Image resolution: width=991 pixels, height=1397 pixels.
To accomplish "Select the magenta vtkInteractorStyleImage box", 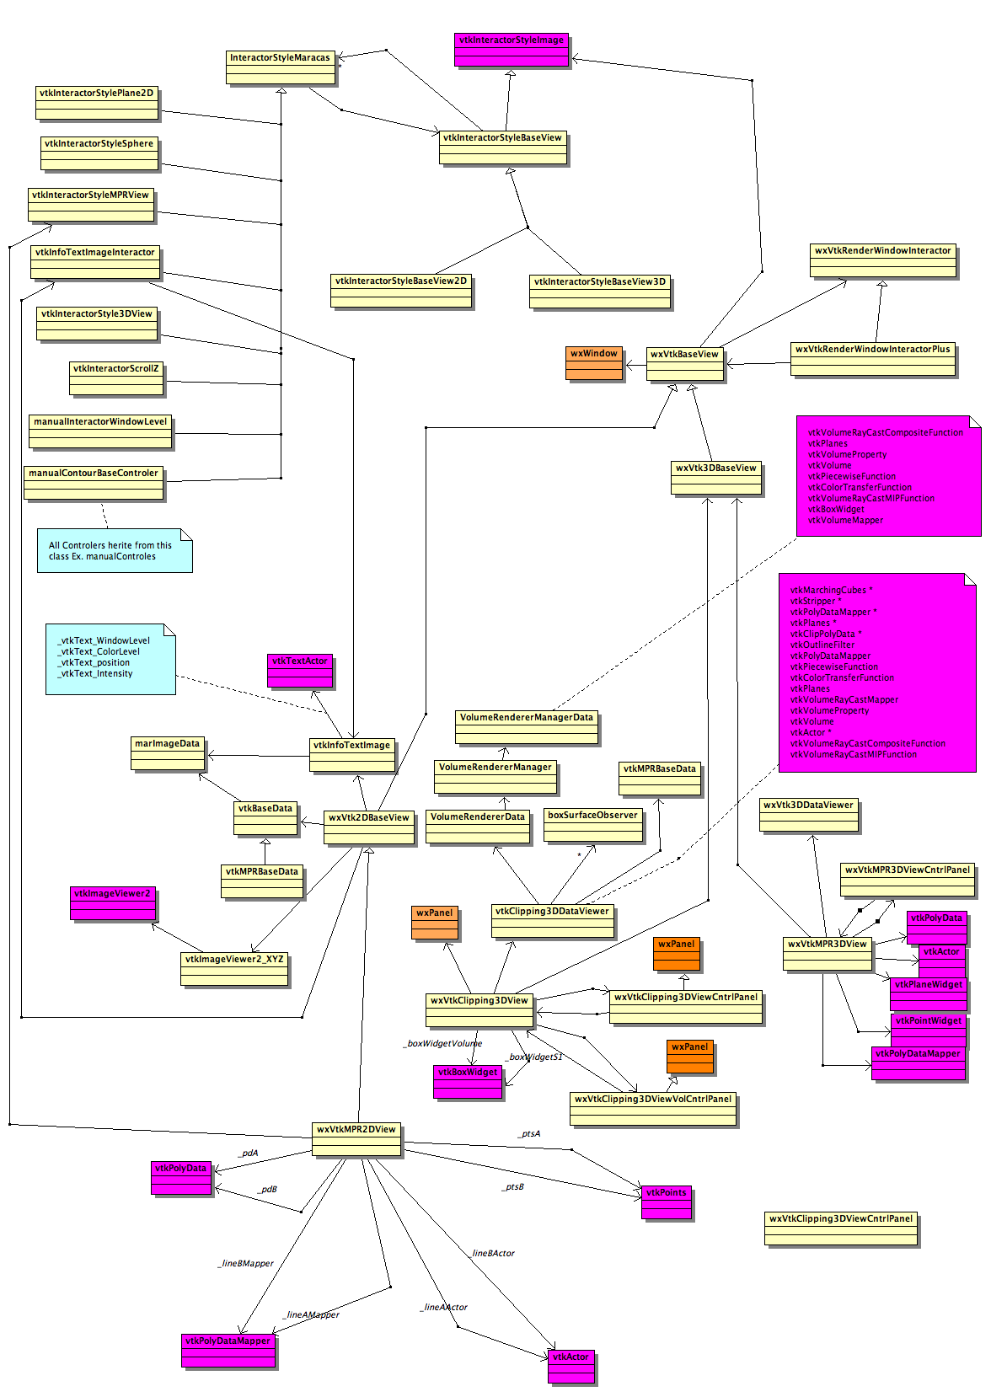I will tap(512, 50).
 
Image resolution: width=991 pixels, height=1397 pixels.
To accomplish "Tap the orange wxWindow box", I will tap(594, 362).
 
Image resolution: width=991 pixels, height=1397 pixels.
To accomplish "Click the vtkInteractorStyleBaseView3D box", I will tap(600, 292).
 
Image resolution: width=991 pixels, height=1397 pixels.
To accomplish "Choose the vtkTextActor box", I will tap(299, 671).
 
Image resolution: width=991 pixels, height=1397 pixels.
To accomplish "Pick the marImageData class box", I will tap(168, 753).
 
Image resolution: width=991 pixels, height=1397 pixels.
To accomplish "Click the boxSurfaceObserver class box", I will tap(592, 825).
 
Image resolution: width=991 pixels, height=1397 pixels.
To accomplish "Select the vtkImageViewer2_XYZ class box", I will tap(234, 969).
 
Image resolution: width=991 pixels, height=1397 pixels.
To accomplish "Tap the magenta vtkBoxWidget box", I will tap(468, 1082).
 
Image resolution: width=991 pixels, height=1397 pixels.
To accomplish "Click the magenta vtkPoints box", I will tap(666, 1202).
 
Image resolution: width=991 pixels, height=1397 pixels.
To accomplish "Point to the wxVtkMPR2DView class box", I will tap(356, 1139).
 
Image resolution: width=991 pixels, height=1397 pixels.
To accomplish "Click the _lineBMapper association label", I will tap(245, 1263).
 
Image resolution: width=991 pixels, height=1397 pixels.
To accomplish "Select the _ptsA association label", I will tap(529, 1134).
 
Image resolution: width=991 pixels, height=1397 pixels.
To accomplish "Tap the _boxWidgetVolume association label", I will tap(442, 1043).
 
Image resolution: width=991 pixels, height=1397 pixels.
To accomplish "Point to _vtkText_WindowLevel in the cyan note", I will tap(104, 640).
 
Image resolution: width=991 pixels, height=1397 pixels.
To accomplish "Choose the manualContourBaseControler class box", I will tap(94, 483).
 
